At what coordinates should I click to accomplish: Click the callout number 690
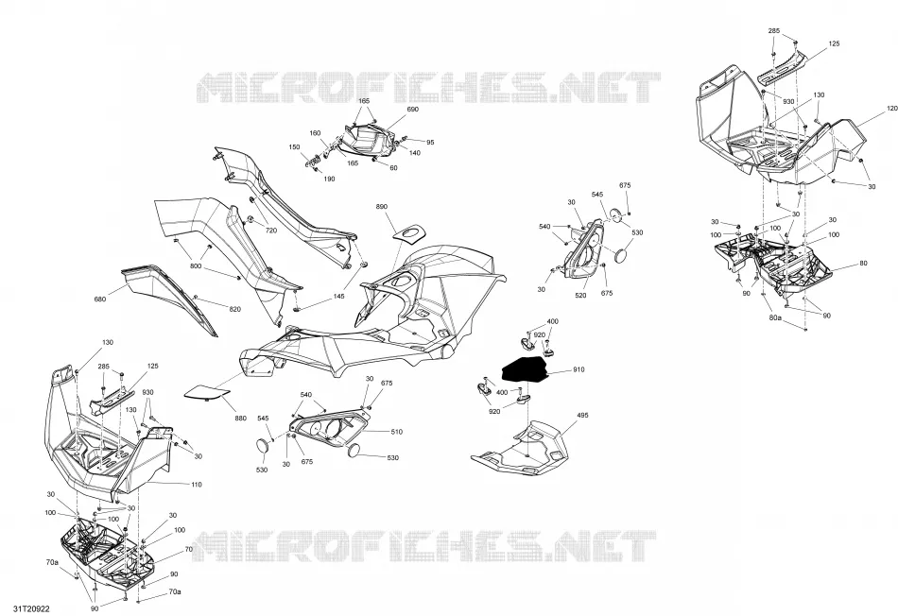pos(412,110)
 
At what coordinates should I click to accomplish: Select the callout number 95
pos(430,142)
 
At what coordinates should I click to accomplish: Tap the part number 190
pos(329,180)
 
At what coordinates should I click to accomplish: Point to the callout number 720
pos(271,231)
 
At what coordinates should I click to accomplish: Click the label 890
pos(382,207)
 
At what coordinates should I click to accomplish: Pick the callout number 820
pos(234,309)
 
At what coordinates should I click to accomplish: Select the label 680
pos(99,299)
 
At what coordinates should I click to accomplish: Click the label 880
pos(240,419)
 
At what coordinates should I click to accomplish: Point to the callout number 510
pos(396,432)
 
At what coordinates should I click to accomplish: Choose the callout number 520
pos(580,296)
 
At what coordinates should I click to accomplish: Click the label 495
pos(582,415)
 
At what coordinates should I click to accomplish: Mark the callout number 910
pos(579,369)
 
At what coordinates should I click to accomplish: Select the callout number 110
pos(196,485)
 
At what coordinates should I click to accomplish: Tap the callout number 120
pos(891,109)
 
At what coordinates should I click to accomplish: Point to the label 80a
pos(775,317)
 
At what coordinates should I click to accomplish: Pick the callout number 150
pos(294,147)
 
